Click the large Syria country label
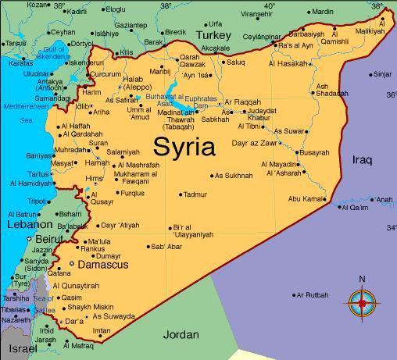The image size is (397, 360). point(184,146)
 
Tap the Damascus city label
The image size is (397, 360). point(103,266)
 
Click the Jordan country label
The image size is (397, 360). point(181,335)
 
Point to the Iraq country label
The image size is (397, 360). point(363,160)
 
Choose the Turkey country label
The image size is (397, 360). point(214,36)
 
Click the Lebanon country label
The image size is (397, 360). point(29,224)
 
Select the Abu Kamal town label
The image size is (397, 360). point(306,199)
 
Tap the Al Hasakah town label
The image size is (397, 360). point(289,63)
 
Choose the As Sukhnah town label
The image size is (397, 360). point(234,176)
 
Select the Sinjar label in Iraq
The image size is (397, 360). point(382,74)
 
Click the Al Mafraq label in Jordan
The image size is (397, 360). point(77,345)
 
